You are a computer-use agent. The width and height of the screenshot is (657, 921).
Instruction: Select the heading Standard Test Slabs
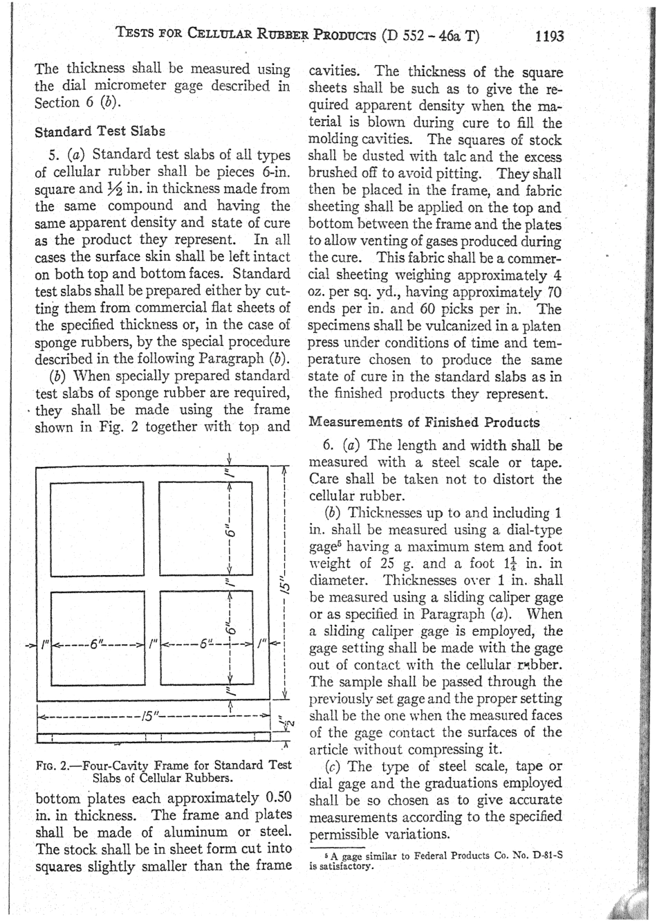(x=100, y=131)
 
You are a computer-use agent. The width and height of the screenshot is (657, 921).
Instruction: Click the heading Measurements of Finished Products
(x=423, y=422)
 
